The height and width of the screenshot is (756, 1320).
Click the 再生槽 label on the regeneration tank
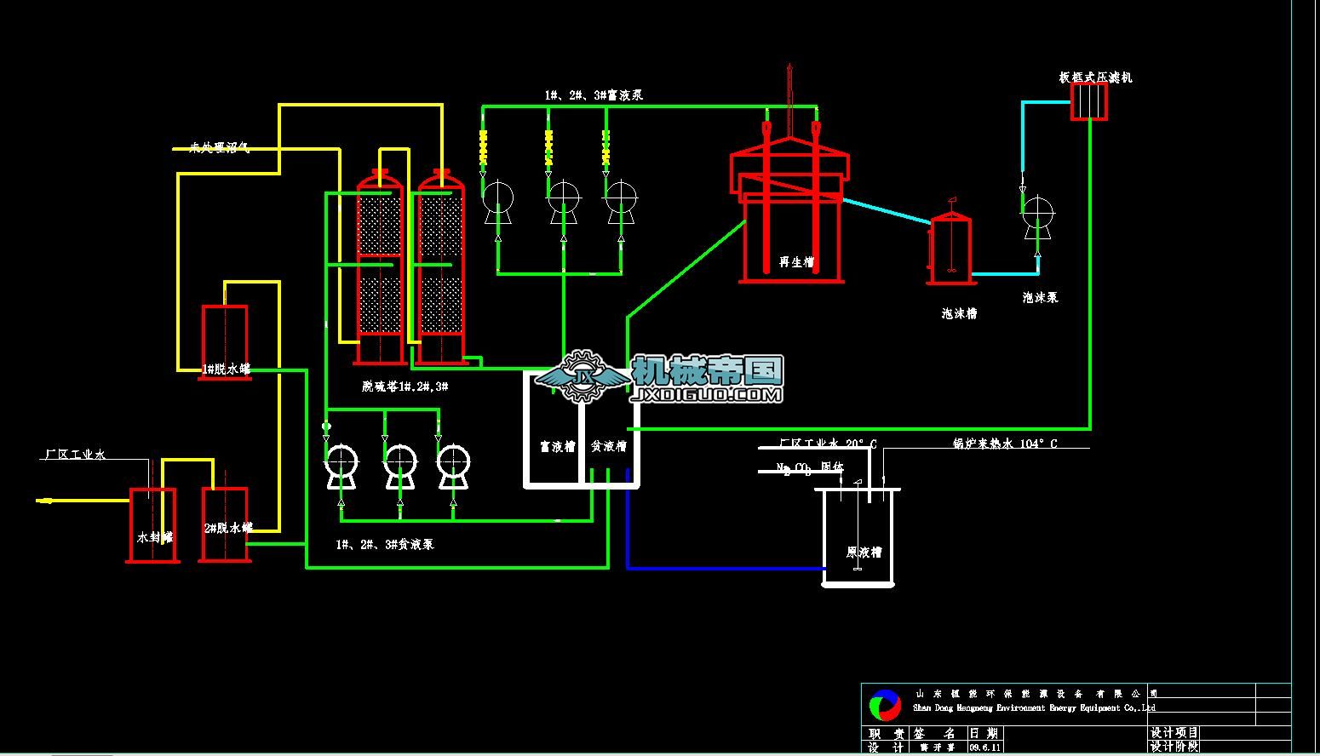click(x=796, y=262)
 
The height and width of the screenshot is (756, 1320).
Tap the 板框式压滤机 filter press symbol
click(x=1088, y=102)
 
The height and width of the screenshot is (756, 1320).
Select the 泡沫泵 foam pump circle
click(x=1037, y=211)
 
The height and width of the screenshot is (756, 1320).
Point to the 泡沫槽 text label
click(x=959, y=313)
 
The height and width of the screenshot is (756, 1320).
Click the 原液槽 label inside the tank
click(x=864, y=552)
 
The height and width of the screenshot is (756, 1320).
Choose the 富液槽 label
click(x=558, y=445)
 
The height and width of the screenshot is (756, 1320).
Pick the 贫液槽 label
click(x=609, y=445)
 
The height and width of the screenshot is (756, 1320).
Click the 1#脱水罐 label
click(x=227, y=369)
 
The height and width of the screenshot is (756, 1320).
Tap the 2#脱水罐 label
click(x=228, y=528)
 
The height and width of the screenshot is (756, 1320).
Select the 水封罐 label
click(x=155, y=537)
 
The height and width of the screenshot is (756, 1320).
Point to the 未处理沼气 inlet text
click(x=220, y=148)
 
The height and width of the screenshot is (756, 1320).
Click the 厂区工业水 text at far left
click(x=75, y=455)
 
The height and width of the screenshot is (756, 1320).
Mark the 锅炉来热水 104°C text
click(x=1004, y=444)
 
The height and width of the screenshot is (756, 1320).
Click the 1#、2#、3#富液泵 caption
click(x=594, y=94)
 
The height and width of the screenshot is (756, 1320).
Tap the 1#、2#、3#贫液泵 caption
click(x=385, y=544)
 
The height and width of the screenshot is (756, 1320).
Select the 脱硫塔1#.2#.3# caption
click(x=405, y=387)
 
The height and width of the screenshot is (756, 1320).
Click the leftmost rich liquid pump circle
click(x=497, y=199)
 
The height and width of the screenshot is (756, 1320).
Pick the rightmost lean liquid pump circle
click(x=453, y=462)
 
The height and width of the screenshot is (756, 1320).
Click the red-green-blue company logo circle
click(x=885, y=705)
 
